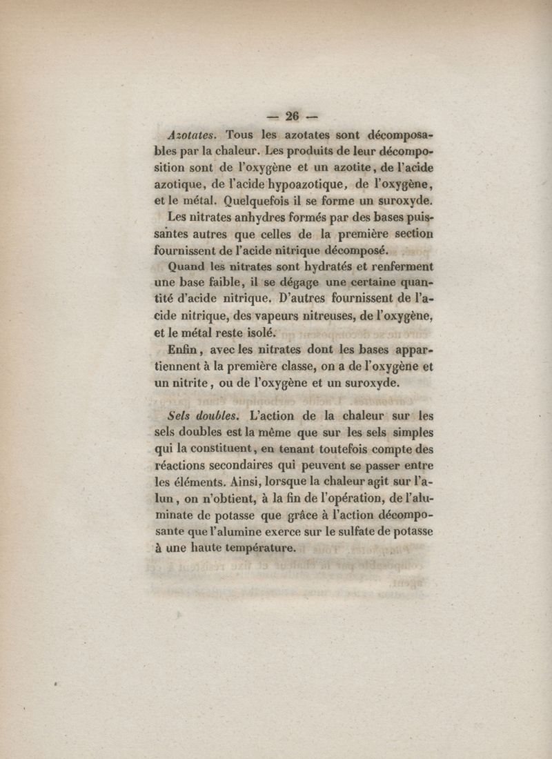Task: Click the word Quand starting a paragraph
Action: [186, 268]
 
